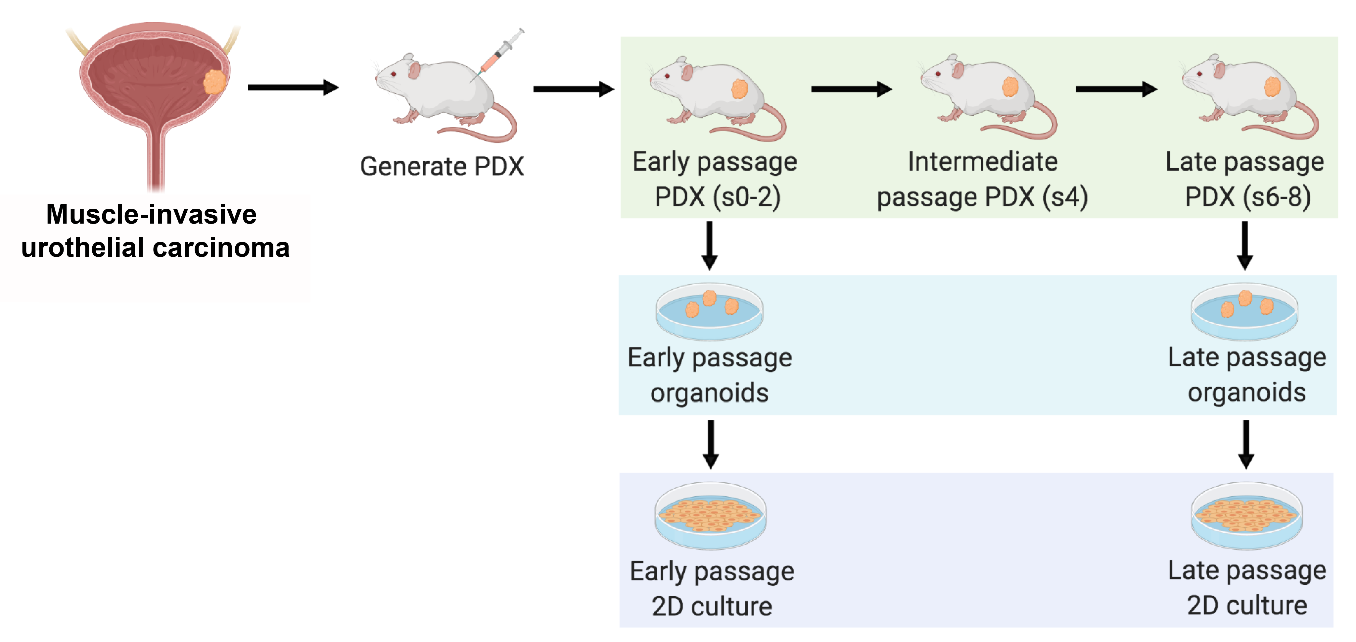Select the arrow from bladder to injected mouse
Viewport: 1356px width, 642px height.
tap(293, 87)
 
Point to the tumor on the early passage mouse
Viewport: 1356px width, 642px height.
tap(739, 89)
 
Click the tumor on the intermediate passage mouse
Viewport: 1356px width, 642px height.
tap(1009, 87)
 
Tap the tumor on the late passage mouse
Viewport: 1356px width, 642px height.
tap(1272, 86)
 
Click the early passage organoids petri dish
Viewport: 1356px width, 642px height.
tap(709, 311)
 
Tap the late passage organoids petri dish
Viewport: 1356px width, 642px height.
tap(1244, 311)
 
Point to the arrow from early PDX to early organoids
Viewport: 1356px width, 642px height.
tap(710, 245)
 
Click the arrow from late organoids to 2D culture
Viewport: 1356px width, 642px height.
tap(1245, 444)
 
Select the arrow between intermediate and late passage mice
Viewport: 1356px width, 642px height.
tap(1115, 89)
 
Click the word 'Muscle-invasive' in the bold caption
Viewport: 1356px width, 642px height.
tap(152, 214)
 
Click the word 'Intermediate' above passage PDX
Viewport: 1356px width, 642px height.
tap(982, 162)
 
